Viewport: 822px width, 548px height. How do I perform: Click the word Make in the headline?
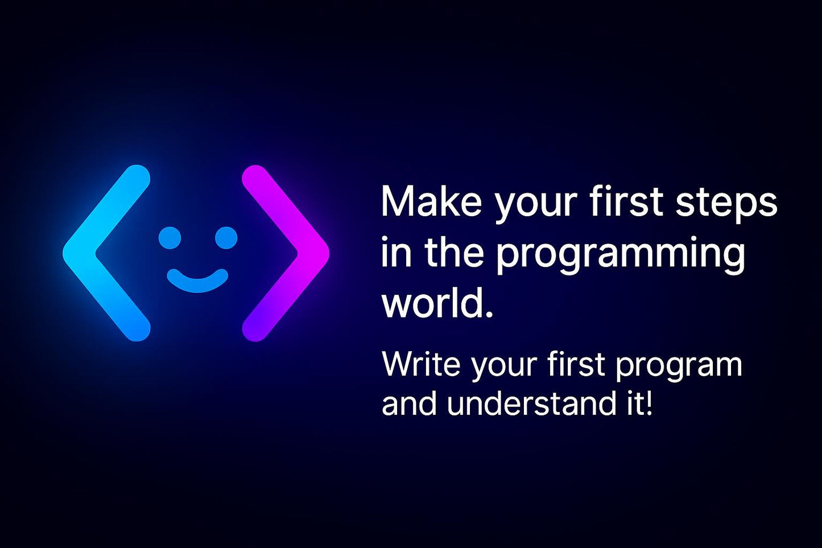point(431,201)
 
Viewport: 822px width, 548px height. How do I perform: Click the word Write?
point(420,364)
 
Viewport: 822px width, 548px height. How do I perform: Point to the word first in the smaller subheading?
point(576,364)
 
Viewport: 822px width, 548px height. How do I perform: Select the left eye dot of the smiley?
point(170,238)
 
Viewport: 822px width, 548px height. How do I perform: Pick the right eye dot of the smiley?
point(226,238)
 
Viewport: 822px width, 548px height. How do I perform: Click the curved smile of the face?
point(197,282)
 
